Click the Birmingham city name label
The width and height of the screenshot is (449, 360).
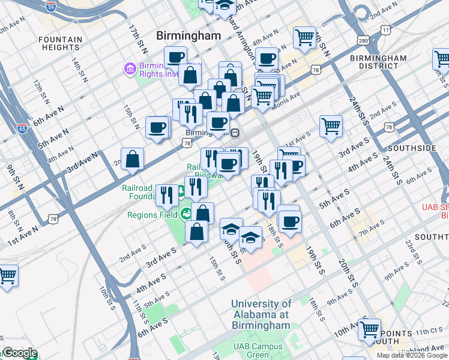[x=188, y=36]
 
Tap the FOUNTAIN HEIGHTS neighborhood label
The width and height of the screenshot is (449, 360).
[x=60, y=44]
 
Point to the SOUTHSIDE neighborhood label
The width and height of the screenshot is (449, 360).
[x=412, y=148]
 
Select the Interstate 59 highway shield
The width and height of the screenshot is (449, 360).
[x=52, y=7]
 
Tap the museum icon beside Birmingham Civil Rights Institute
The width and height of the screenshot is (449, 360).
[x=130, y=70]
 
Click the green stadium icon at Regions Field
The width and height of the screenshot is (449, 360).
[x=187, y=213]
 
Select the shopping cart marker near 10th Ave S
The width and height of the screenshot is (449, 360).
[x=369, y=329]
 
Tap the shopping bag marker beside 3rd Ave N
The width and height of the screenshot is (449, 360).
[x=133, y=160]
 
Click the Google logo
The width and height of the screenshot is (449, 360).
[x=19, y=353]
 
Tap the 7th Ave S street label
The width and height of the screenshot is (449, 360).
[x=371, y=229]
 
